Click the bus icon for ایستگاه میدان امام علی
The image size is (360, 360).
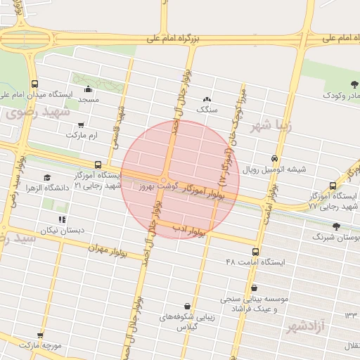coord(35,84)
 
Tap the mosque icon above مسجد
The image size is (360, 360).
coord(87,89)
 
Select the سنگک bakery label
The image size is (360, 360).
coord(207,109)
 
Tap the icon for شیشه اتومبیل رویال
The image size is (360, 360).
coord(274,159)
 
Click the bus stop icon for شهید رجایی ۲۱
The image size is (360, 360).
coord(97,165)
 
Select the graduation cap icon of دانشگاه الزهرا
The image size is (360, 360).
coord(47,178)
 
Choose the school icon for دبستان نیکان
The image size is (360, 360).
coord(63,220)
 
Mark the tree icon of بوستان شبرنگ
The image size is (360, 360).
coord(336,227)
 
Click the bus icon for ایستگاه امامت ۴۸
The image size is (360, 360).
coord(254,251)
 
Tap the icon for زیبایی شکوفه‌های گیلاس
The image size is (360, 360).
coord(187,307)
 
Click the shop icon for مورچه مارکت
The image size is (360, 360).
coord(40,335)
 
